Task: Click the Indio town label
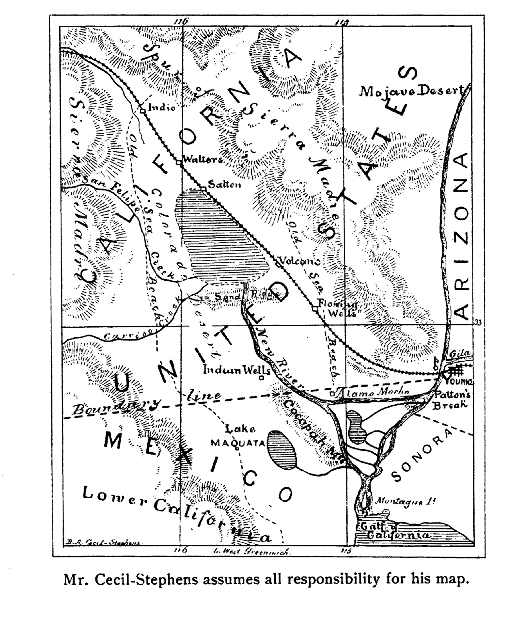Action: pos(162,107)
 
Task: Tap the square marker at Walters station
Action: pos(178,163)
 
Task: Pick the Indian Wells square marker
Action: pos(261,378)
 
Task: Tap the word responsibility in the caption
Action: pos(333,580)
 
